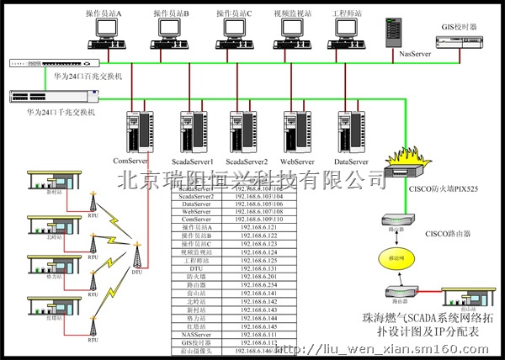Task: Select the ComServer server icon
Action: (x=136, y=132)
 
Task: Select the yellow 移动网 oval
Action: (x=395, y=255)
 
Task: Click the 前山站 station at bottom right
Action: (x=468, y=299)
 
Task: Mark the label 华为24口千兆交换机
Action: (x=50, y=110)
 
